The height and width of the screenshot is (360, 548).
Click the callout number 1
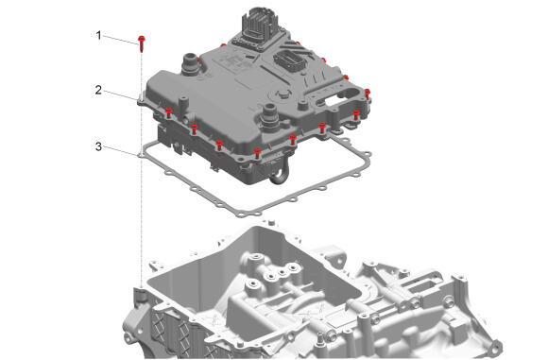coord(99,35)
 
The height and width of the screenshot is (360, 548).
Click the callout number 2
coord(98,90)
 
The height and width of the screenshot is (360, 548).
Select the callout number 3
coord(98,146)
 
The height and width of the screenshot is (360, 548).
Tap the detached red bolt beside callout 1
coord(142,43)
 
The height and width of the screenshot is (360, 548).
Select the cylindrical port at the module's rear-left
coord(191,63)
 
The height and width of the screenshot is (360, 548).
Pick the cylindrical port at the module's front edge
coord(269,116)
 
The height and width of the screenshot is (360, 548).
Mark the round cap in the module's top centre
coord(283,94)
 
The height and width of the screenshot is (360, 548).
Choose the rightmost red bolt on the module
coord(367,94)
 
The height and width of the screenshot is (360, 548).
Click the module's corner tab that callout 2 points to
coord(142,100)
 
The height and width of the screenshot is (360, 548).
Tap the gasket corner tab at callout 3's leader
coord(141,153)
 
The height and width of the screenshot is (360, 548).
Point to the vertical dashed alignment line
coord(142,169)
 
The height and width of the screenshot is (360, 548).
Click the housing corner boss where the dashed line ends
coord(141,294)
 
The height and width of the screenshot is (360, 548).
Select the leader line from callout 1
coord(120,40)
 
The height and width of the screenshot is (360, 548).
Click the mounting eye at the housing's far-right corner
coord(497,346)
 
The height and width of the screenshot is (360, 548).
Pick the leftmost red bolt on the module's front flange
coord(168,112)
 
